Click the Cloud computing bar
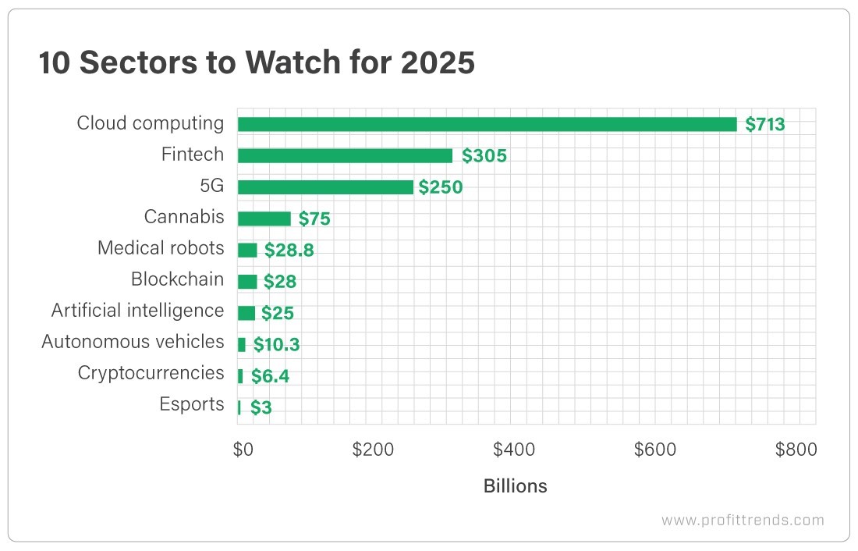pos(487,124)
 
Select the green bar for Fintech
pos(345,155)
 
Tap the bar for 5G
pos(324,187)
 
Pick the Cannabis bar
pos(264,219)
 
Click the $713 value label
pos(764,124)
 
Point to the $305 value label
pos(484,156)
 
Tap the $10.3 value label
pos(276,344)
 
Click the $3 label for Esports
pos(261,407)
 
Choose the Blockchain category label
pos(177,279)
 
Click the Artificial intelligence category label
pos(137,311)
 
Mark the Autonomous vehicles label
pos(133,342)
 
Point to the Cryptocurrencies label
pos(151,373)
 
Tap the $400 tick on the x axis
pos(514,450)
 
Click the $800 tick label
pos(796,450)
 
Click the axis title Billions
pos(515,486)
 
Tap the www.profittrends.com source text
pos(742,520)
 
